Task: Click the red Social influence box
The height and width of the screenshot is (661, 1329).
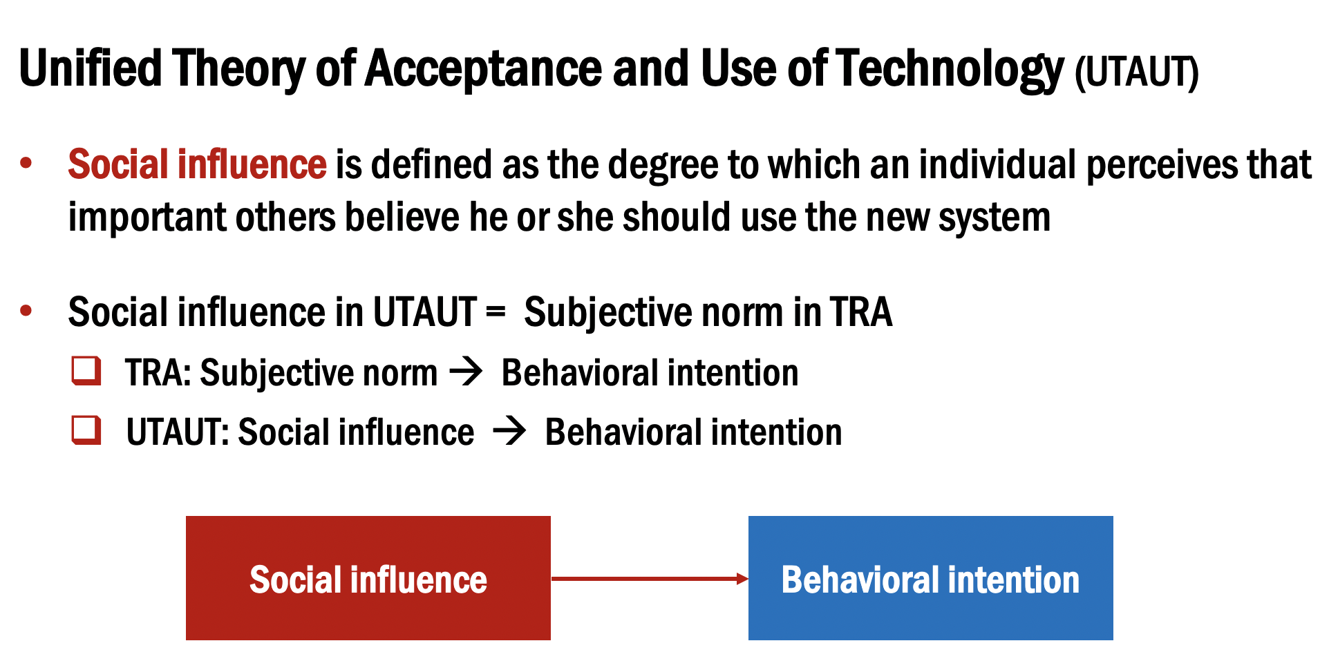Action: click(368, 578)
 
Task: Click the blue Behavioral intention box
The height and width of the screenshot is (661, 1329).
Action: click(930, 578)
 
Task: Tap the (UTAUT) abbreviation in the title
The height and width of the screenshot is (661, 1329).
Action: click(1136, 72)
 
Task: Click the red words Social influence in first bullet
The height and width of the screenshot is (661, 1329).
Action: click(197, 164)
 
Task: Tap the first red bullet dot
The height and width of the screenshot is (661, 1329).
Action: click(26, 164)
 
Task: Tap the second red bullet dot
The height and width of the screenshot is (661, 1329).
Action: click(26, 311)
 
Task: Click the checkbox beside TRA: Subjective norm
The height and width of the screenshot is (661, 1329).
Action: click(86, 371)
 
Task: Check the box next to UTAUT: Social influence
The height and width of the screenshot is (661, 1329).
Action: click(86, 430)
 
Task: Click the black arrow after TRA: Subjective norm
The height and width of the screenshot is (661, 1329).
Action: click(466, 372)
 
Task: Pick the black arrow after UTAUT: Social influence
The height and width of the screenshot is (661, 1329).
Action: click(510, 432)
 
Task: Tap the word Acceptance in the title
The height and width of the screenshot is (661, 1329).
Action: click(483, 69)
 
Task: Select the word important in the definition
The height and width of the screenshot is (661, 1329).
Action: click(146, 218)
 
